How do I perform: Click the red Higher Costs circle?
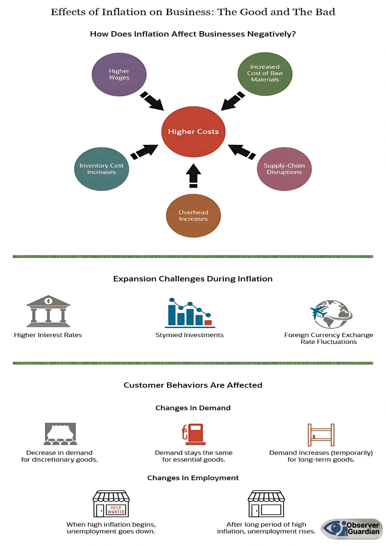click(193, 132)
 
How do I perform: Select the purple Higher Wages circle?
click(119, 74)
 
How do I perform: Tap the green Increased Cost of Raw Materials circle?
click(265, 74)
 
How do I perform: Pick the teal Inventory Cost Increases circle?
click(102, 169)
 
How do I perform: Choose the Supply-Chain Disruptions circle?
click(284, 169)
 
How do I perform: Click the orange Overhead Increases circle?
click(193, 216)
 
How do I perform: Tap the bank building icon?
click(48, 311)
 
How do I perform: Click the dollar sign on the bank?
click(48, 301)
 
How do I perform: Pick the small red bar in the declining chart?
click(208, 323)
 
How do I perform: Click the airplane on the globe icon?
click(318, 311)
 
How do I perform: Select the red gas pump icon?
click(194, 434)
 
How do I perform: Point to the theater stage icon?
click(60, 434)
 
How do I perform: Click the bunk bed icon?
click(321, 435)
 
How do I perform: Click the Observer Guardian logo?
click(352, 529)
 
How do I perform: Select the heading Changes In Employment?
click(193, 478)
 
